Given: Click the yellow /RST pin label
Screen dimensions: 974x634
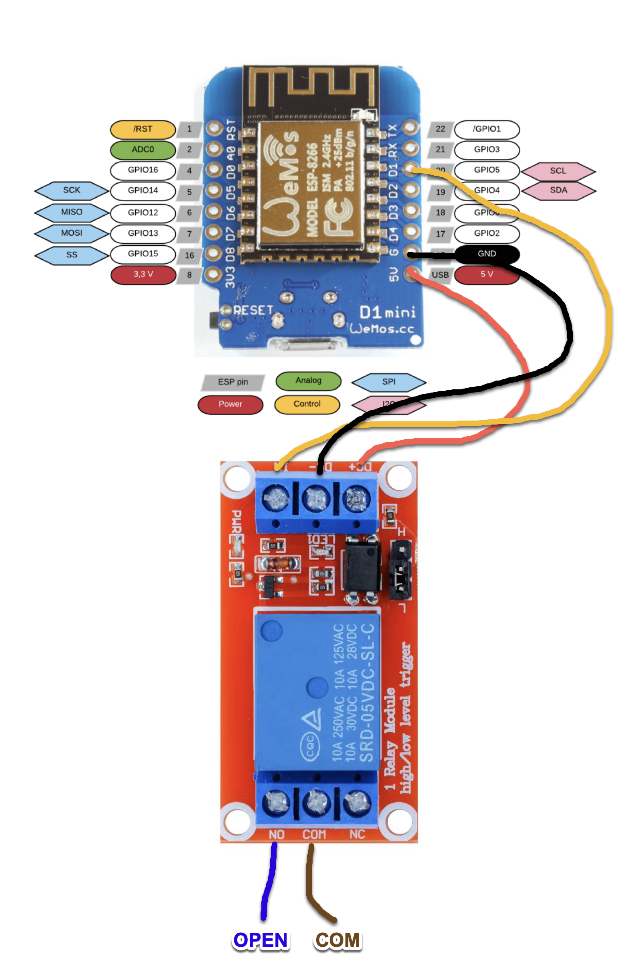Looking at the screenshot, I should [x=142, y=129].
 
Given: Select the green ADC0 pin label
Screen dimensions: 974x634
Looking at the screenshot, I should [x=142, y=150].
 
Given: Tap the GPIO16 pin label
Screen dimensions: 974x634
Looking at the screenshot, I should [x=142, y=170].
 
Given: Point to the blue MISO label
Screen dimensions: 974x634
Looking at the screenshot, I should [x=72, y=212].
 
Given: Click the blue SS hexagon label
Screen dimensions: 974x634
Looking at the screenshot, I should [x=72, y=255].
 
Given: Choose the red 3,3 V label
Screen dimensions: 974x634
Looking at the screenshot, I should [x=143, y=275].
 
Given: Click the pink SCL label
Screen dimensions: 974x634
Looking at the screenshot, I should [x=558, y=171].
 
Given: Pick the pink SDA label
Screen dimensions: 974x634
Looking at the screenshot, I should [x=558, y=191].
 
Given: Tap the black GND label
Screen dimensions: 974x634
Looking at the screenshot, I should [x=487, y=254].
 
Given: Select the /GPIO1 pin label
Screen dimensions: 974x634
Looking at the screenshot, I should [x=487, y=129].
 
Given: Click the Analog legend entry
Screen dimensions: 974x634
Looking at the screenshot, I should [x=308, y=381].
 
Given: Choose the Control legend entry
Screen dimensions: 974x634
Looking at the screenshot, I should [x=307, y=404].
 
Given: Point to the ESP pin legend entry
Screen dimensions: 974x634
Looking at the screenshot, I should [x=233, y=382].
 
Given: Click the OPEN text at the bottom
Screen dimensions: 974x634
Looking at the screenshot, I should [x=261, y=940].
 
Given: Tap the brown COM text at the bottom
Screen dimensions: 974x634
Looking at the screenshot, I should [x=338, y=940].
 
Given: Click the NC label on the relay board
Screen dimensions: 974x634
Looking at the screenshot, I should [x=357, y=834].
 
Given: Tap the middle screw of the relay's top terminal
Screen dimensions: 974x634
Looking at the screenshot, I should [x=316, y=499].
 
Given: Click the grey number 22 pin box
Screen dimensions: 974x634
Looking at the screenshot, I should [x=440, y=129].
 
